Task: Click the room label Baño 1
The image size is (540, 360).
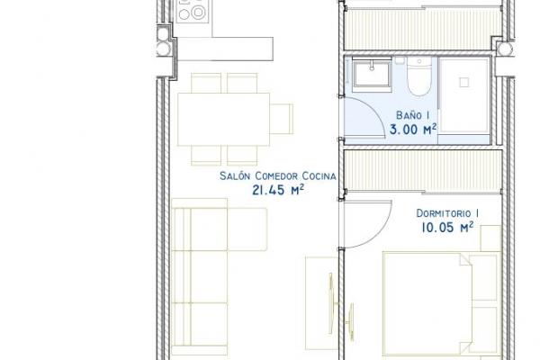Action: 412,114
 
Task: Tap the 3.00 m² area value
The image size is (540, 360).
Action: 413,130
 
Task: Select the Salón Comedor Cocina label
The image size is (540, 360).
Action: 278,175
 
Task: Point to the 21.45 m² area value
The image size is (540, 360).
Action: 278,190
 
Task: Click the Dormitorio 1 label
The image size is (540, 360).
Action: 447,213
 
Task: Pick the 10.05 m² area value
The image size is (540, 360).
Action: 447,228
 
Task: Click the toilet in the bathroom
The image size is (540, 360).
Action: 419,76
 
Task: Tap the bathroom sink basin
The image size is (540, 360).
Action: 372,75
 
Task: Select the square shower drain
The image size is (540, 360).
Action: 464,82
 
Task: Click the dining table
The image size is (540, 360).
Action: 223,119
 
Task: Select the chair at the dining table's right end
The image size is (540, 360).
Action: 282,119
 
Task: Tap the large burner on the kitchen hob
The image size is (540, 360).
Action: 198,13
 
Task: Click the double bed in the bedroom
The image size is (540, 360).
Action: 441,304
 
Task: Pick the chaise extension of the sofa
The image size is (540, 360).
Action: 247,229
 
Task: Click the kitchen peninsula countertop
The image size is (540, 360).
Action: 225,49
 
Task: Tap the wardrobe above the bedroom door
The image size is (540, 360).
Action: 423,170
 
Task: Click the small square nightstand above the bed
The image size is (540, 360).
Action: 490,238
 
